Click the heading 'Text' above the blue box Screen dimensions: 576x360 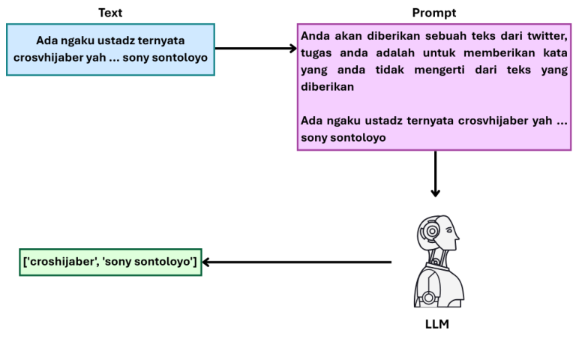tap(110, 13)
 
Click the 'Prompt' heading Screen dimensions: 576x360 tap(433, 13)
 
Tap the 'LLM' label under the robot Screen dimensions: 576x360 tap(436, 324)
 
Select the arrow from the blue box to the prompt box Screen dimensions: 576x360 tap(256, 48)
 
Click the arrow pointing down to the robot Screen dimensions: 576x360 tap(435, 174)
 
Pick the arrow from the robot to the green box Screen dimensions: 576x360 tap(297, 262)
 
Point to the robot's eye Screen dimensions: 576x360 tap(448, 230)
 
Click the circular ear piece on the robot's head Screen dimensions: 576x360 tap(432, 231)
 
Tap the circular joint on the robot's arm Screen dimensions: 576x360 tap(428, 298)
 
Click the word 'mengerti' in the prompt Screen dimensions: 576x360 tap(439, 70)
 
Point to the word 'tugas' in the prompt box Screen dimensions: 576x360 tap(316, 54)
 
